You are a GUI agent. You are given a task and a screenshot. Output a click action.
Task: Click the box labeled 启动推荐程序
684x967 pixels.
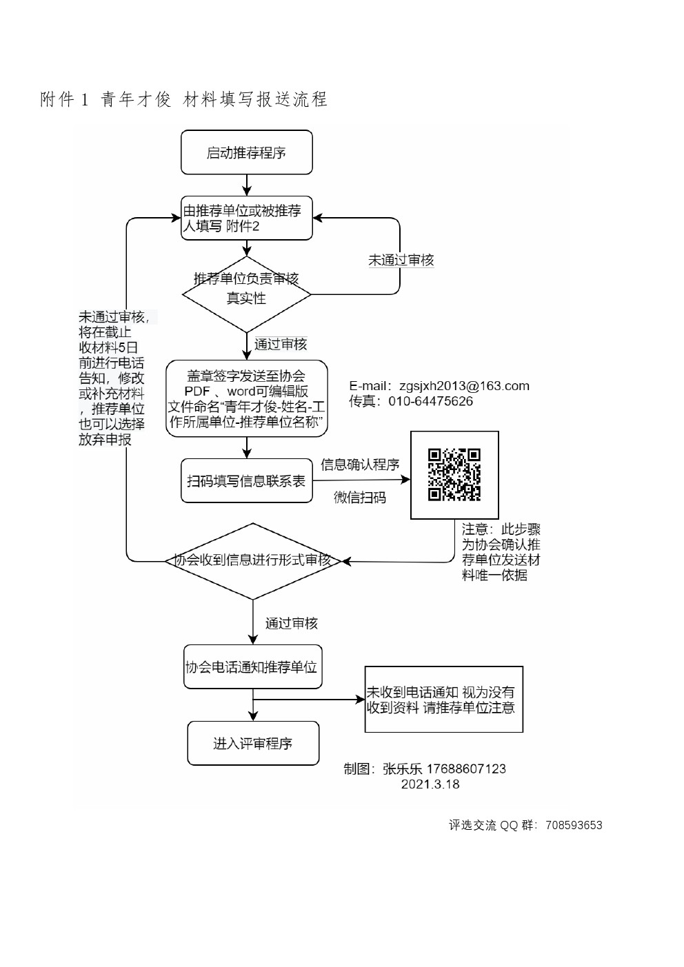[246, 152]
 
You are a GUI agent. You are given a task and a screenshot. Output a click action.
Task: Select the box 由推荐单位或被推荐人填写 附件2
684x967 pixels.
[246, 218]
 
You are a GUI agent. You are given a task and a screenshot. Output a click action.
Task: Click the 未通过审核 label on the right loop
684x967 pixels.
[401, 260]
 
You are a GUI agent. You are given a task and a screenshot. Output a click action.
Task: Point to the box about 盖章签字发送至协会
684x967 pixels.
[246, 398]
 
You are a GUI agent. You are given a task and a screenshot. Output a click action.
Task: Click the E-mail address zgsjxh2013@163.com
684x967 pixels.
[464, 386]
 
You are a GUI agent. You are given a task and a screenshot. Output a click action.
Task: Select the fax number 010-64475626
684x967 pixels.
[430, 401]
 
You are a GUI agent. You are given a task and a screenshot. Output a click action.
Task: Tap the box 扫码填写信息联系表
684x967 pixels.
[246, 480]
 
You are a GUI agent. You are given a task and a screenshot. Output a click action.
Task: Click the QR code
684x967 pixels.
[454, 474]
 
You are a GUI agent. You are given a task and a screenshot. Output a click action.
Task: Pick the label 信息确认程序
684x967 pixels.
[360, 465]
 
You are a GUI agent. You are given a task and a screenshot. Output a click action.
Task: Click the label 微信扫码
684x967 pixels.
[360, 497]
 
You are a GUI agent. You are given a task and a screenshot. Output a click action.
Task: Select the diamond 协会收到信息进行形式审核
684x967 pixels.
[252, 560]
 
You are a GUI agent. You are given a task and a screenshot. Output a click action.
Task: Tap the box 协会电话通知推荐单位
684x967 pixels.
[252, 666]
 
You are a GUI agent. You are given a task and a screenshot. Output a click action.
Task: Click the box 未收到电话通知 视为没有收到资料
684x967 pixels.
[443, 699]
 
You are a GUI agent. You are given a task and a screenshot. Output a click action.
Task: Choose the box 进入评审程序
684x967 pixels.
[253, 743]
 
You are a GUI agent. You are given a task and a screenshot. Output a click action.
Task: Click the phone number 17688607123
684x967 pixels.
[466, 768]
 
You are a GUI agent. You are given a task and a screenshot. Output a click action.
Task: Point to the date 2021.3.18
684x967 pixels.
[430, 784]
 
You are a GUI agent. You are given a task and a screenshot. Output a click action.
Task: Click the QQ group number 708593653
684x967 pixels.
[573, 825]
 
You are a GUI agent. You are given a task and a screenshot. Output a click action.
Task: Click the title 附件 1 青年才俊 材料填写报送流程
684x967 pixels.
[184, 100]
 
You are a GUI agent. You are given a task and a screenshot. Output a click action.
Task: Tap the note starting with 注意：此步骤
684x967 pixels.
[501, 552]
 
